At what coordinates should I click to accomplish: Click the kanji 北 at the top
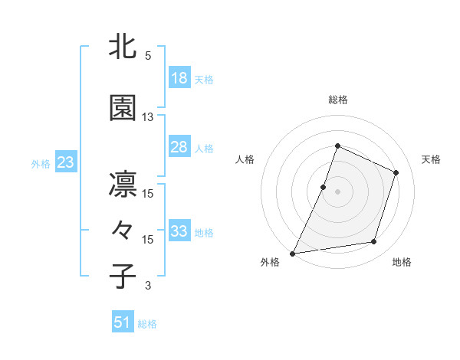[123, 47]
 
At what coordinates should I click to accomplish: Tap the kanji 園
[123, 109]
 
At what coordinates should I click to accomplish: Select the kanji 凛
[123, 185]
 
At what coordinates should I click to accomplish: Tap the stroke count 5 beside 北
[148, 56]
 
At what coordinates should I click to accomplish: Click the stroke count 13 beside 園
[148, 117]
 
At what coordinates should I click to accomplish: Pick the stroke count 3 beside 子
[148, 286]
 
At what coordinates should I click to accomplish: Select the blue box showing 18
[179, 78]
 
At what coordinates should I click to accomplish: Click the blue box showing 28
[179, 147]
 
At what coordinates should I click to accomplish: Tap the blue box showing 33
[179, 231]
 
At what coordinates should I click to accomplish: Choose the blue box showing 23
[65, 162]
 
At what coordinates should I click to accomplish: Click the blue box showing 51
[123, 322]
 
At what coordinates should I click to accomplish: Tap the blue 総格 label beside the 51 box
[147, 324]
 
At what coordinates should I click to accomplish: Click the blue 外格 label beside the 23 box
[41, 163]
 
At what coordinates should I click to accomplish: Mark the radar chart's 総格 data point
[337, 146]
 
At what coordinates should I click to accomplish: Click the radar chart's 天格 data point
[396, 172]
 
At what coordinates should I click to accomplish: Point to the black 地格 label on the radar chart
[402, 263]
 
